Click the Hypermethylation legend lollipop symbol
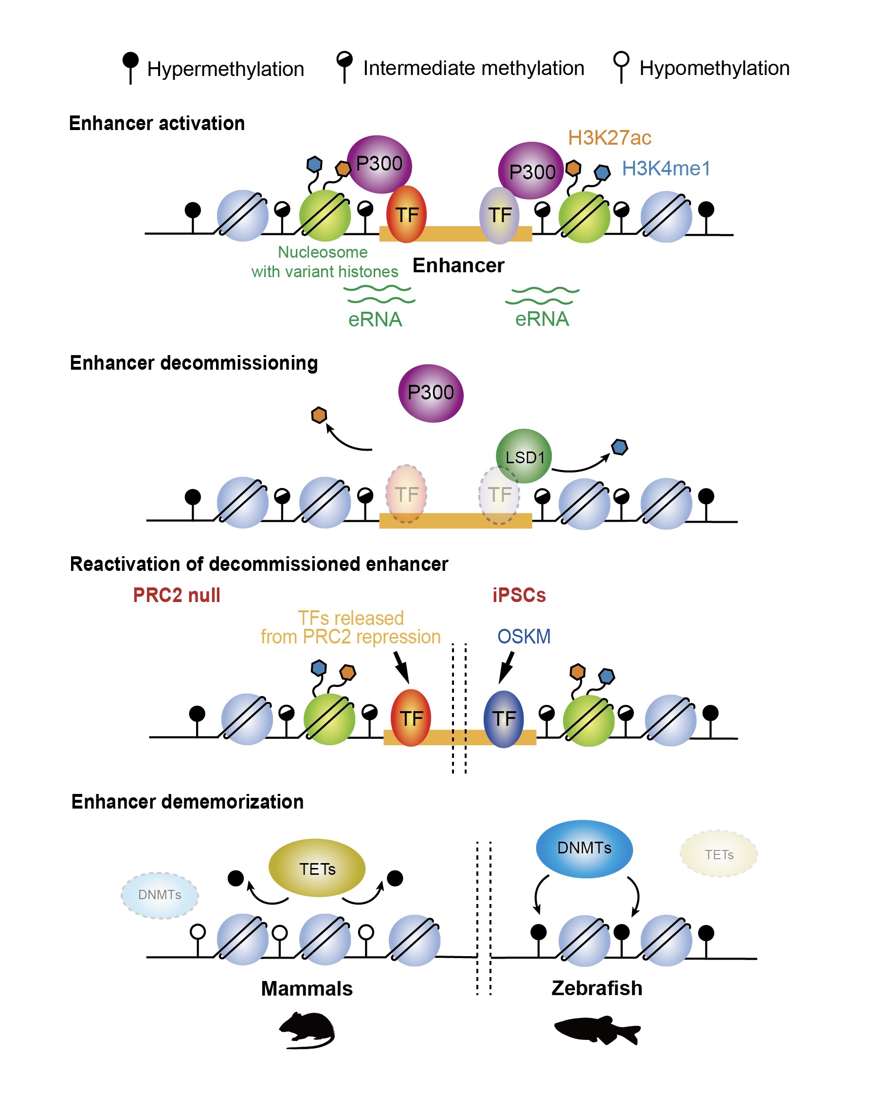coord(130,66)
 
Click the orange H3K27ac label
coord(609,137)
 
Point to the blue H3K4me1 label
coord(666,169)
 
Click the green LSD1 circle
coord(524,455)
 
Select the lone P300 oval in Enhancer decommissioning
coord(431,393)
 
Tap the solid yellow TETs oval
coord(316,868)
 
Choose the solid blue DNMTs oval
coord(583,848)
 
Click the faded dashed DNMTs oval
coord(159,895)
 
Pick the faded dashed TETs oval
coord(718,854)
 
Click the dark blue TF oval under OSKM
coord(504,718)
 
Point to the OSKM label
coord(523,636)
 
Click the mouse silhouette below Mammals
coord(307,1030)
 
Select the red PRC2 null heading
coord(177,595)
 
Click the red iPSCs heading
coord(519,595)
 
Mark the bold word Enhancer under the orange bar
coord(458,265)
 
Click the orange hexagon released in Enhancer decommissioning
coord(318,415)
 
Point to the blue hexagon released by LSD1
coord(619,447)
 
